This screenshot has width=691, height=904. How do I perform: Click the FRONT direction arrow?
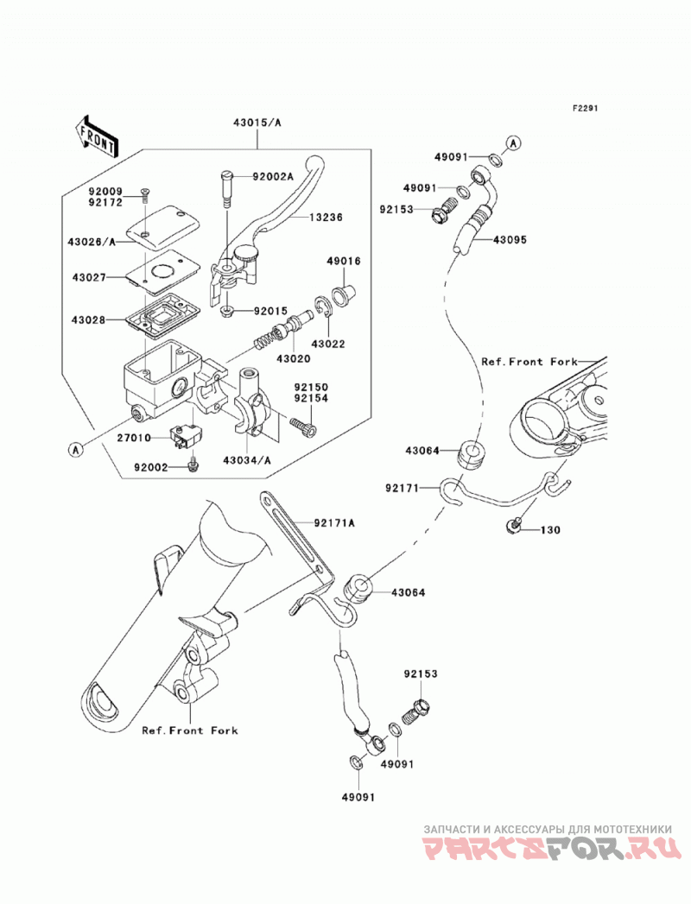pos(97,136)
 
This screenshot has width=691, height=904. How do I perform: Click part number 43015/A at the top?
pos(257,123)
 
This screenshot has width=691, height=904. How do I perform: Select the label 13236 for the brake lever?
pos(326,218)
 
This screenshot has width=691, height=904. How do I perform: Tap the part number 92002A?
pos(273,176)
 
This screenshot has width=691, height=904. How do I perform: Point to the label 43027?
pos(89,278)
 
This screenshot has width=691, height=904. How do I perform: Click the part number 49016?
pos(343,261)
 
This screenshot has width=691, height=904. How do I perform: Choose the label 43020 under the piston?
pos(293,358)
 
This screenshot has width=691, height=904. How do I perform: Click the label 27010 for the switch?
pos(134,438)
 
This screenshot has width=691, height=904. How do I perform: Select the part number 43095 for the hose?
pos(510,239)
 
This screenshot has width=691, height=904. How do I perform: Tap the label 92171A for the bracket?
pos(334,523)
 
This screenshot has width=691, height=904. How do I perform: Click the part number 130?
pos(550,530)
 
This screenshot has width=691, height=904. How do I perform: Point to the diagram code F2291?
pos(585,108)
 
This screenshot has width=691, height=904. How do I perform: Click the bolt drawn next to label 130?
pos(514,523)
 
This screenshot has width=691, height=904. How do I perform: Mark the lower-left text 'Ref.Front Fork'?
pos(190,730)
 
